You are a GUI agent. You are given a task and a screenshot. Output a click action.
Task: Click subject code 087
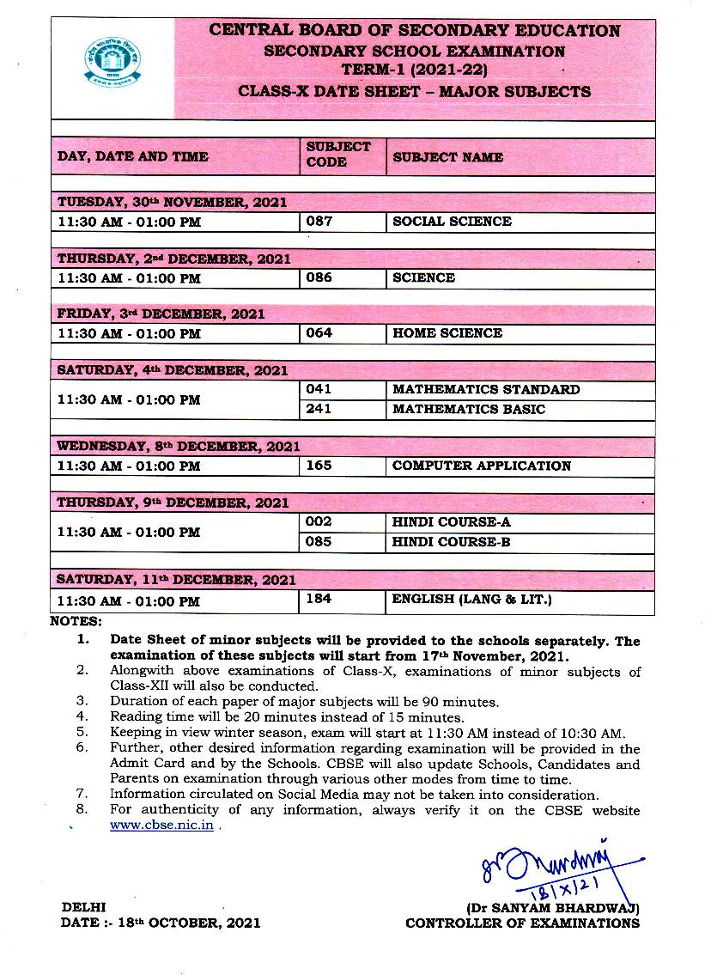coord(319,221)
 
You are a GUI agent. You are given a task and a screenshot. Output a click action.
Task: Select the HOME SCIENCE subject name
coord(447,332)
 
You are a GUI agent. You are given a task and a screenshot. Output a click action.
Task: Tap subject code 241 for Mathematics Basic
coord(319,409)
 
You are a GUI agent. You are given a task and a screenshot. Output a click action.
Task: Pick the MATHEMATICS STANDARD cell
coord(486,389)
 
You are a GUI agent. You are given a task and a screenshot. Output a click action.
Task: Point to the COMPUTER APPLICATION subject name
coord(482,466)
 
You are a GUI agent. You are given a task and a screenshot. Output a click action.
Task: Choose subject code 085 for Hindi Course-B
coord(319,542)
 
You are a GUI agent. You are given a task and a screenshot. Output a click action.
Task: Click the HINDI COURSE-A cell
coord(452,521)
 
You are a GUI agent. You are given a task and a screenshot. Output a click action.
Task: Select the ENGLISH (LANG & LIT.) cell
coord(472,599)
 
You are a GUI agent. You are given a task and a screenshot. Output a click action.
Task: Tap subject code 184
coord(319,599)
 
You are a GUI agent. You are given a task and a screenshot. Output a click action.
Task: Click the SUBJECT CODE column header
coord(338,155)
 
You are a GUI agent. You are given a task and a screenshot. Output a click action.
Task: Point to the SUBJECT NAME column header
coord(448,157)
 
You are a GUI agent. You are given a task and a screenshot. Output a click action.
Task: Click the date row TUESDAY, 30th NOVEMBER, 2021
coord(172,203)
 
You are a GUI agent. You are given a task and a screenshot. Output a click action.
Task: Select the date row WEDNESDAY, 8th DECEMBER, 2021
coord(179,447)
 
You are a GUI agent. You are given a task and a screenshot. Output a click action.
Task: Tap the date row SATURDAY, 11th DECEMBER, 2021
coord(177,581)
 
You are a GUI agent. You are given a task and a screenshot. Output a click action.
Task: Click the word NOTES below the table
coord(76,620)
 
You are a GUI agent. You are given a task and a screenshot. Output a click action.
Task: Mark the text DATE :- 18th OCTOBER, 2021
coord(161,923)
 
